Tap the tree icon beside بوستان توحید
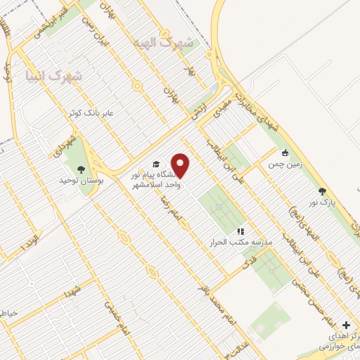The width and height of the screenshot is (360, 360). [81, 169]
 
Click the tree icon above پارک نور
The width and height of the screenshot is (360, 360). [322, 191]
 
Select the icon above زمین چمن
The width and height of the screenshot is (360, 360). [284, 153]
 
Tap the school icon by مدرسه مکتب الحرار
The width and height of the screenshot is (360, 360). [240, 231]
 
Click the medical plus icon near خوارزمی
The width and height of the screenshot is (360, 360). [345, 325]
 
